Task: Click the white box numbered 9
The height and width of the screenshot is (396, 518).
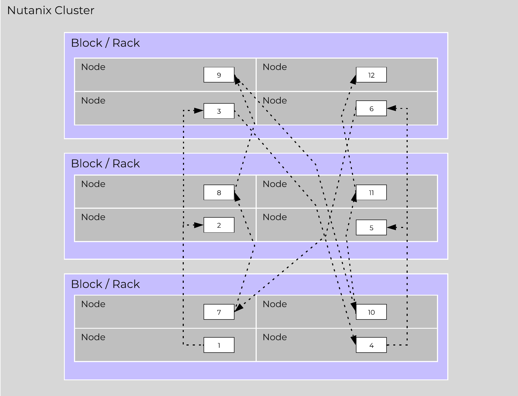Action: (219, 75)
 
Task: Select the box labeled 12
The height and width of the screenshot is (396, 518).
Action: (371, 75)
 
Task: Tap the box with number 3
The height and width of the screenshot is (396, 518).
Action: (219, 111)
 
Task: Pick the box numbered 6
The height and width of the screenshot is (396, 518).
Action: (371, 108)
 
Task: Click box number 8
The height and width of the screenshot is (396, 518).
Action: (219, 192)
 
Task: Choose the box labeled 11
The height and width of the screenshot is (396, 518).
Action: (371, 192)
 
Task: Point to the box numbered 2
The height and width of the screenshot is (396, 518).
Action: (219, 225)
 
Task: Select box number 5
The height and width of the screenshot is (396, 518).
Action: (371, 227)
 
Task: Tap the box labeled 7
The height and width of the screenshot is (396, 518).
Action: (219, 312)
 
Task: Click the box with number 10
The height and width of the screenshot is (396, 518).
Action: (371, 312)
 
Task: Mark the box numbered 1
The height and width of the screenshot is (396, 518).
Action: (219, 345)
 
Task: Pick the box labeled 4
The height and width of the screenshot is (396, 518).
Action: (371, 345)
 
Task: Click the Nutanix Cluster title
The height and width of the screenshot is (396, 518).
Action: (51, 10)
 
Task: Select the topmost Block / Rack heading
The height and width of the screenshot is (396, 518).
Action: (105, 43)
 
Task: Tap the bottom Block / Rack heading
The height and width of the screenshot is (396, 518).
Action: (105, 284)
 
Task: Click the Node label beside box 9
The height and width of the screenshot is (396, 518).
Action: (93, 67)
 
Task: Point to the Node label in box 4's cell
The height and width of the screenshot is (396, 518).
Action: (275, 337)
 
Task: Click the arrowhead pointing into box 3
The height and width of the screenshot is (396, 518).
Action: (199, 110)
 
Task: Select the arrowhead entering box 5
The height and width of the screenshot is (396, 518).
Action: (391, 227)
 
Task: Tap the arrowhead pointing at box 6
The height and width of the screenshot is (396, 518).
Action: (391, 108)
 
